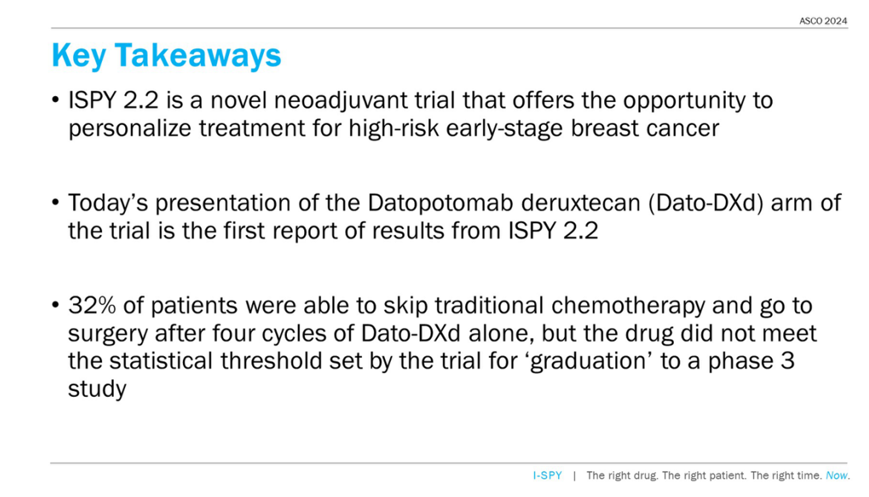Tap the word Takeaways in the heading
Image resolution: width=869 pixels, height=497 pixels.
click(198, 55)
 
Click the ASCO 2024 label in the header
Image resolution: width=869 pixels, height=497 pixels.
click(823, 21)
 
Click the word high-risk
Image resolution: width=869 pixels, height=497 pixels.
click(394, 128)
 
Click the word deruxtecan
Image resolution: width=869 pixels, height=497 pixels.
click(581, 203)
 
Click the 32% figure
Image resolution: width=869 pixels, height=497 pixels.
click(92, 305)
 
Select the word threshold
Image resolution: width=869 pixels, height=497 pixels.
click(271, 360)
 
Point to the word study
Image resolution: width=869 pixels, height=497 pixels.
click(98, 389)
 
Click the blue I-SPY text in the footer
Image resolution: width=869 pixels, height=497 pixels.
click(547, 475)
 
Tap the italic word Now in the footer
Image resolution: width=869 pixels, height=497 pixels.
click(837, 475)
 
